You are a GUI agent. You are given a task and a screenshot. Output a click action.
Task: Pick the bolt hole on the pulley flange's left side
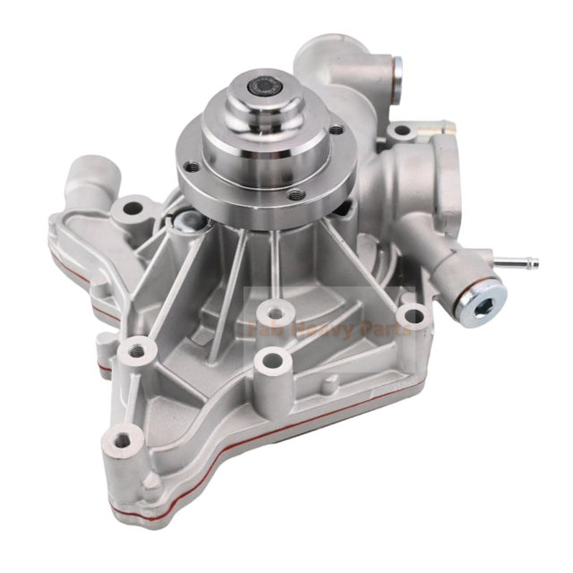pyautogui.click(x=192, y=166)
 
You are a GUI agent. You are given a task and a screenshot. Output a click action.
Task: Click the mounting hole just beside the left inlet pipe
pyautogui.click(x=133, y=210)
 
